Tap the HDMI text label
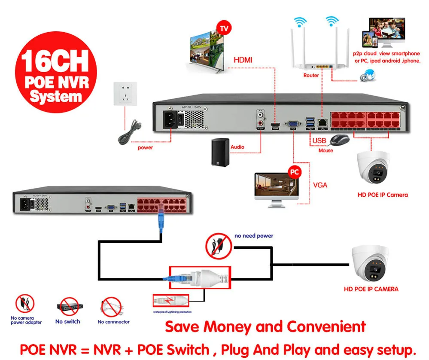point(243,61)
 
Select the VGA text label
point(320,185)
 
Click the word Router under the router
point(311,75)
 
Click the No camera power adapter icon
point(25,303)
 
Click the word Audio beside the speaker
point(237,147)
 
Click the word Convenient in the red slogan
point(326,326)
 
